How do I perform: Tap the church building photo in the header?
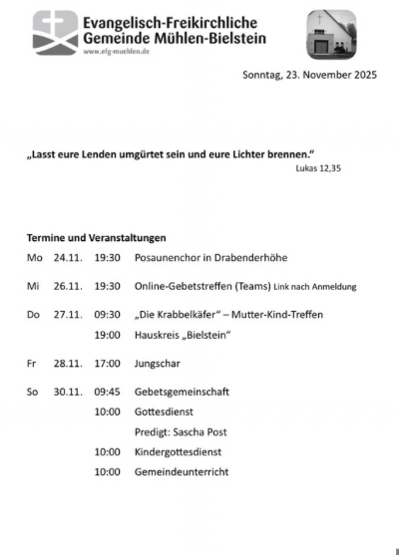[x=331, y=34]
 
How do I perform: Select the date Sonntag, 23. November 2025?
[x=309, y=76]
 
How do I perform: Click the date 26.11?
[x=67, y=286]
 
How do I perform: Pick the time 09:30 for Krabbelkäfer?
[x=107, y=315]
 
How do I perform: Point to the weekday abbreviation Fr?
[x=31, y=364]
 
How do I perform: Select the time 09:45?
[x=107, y=392]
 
